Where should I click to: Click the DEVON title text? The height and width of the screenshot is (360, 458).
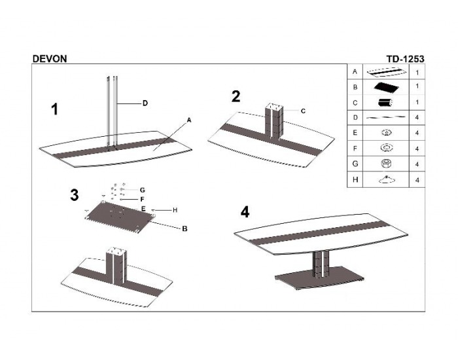[x=49, y=58]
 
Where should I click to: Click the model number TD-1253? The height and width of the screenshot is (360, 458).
[x=406, y=58]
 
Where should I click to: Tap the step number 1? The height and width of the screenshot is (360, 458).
[x=55, y=109]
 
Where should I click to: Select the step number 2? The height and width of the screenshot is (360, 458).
[x=236, y=96]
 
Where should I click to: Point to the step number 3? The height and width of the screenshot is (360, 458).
[x=75, y=194]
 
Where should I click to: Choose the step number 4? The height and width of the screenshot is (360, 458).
[x=245, y=212]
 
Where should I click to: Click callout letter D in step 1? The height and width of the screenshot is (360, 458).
[x=145, y=103]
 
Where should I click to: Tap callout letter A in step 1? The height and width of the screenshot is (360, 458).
[x=188, y=120]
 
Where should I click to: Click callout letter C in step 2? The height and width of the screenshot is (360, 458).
[x=303, y=111]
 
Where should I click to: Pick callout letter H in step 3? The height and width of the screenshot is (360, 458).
[x=175, y=209]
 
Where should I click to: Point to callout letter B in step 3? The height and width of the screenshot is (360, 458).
[x=185, y=228]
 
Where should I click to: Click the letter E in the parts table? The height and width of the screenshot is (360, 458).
[x=354, y=133]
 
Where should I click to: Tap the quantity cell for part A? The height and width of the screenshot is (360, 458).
[x=417, y=71]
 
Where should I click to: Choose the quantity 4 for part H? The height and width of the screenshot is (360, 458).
[x=417, y=179]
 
